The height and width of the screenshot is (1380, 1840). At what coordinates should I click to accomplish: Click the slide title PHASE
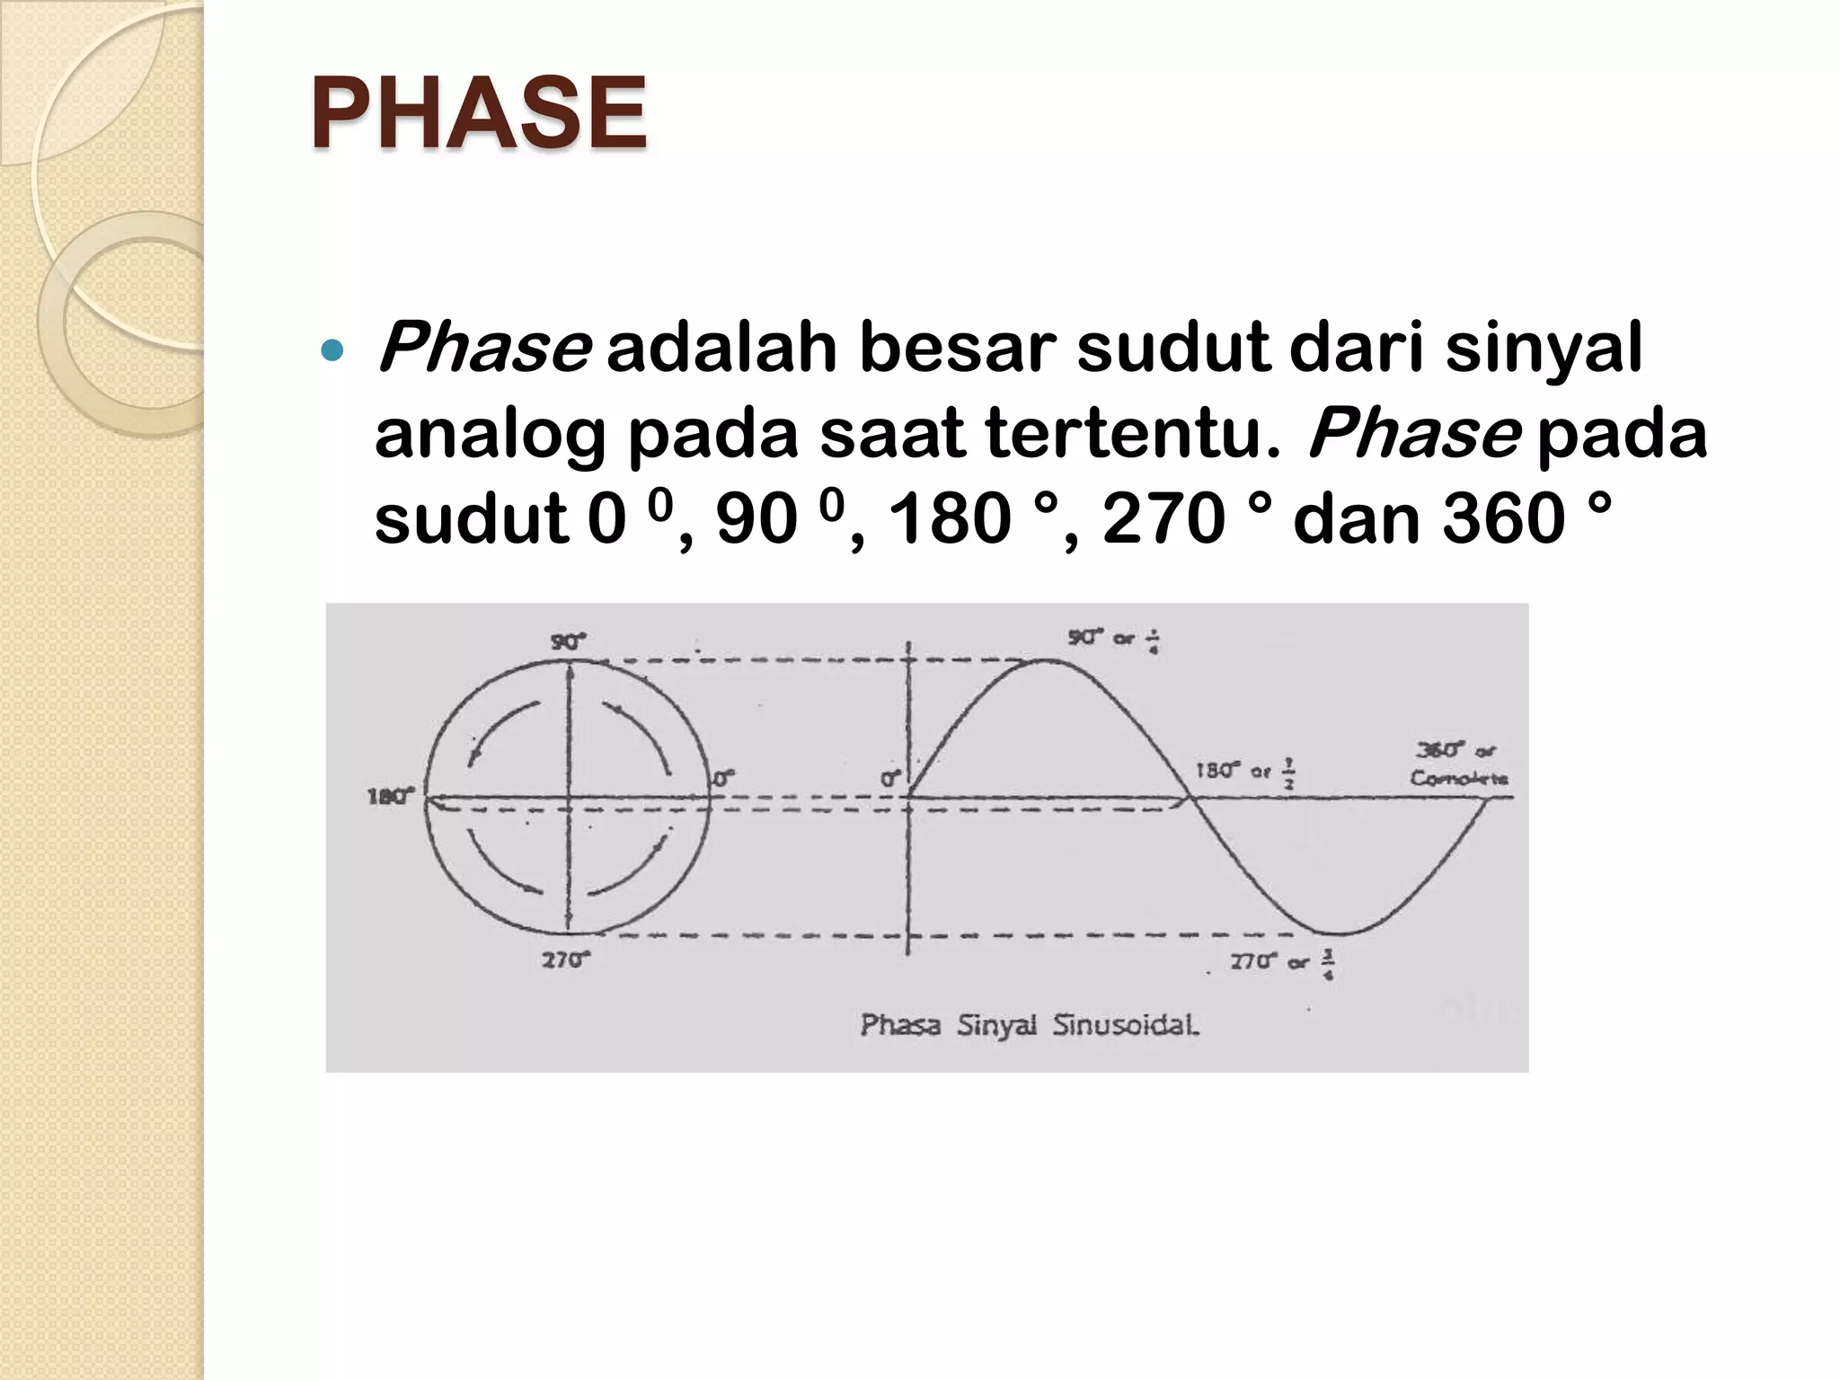pyautogui.click(x=478, y=114)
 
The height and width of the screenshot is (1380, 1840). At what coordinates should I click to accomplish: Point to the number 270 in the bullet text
pyautogui.click(x=1163, y=519)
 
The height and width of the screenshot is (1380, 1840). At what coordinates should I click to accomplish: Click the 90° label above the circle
pyautogui.click(x=568, y=641)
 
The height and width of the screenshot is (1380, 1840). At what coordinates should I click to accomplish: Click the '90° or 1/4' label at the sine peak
pyautogui.click(x=1113, y=639)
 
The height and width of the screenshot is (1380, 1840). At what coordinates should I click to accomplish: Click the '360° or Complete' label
pyautogui.click(x=1457, y=764)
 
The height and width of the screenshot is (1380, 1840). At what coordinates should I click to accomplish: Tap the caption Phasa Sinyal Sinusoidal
pyautogui.click(x=1030, y=1025)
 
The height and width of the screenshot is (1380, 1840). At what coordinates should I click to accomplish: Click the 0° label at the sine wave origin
pyautogui.click(x=890, y=779)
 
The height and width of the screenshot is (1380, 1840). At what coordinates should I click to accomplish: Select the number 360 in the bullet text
pyautogui.click(x=1503, y=519)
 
